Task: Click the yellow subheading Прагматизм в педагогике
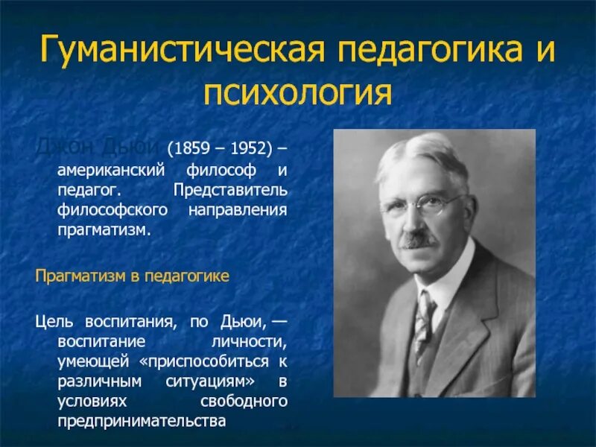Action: click(132, 276)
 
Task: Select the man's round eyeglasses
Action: click(419, 203)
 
